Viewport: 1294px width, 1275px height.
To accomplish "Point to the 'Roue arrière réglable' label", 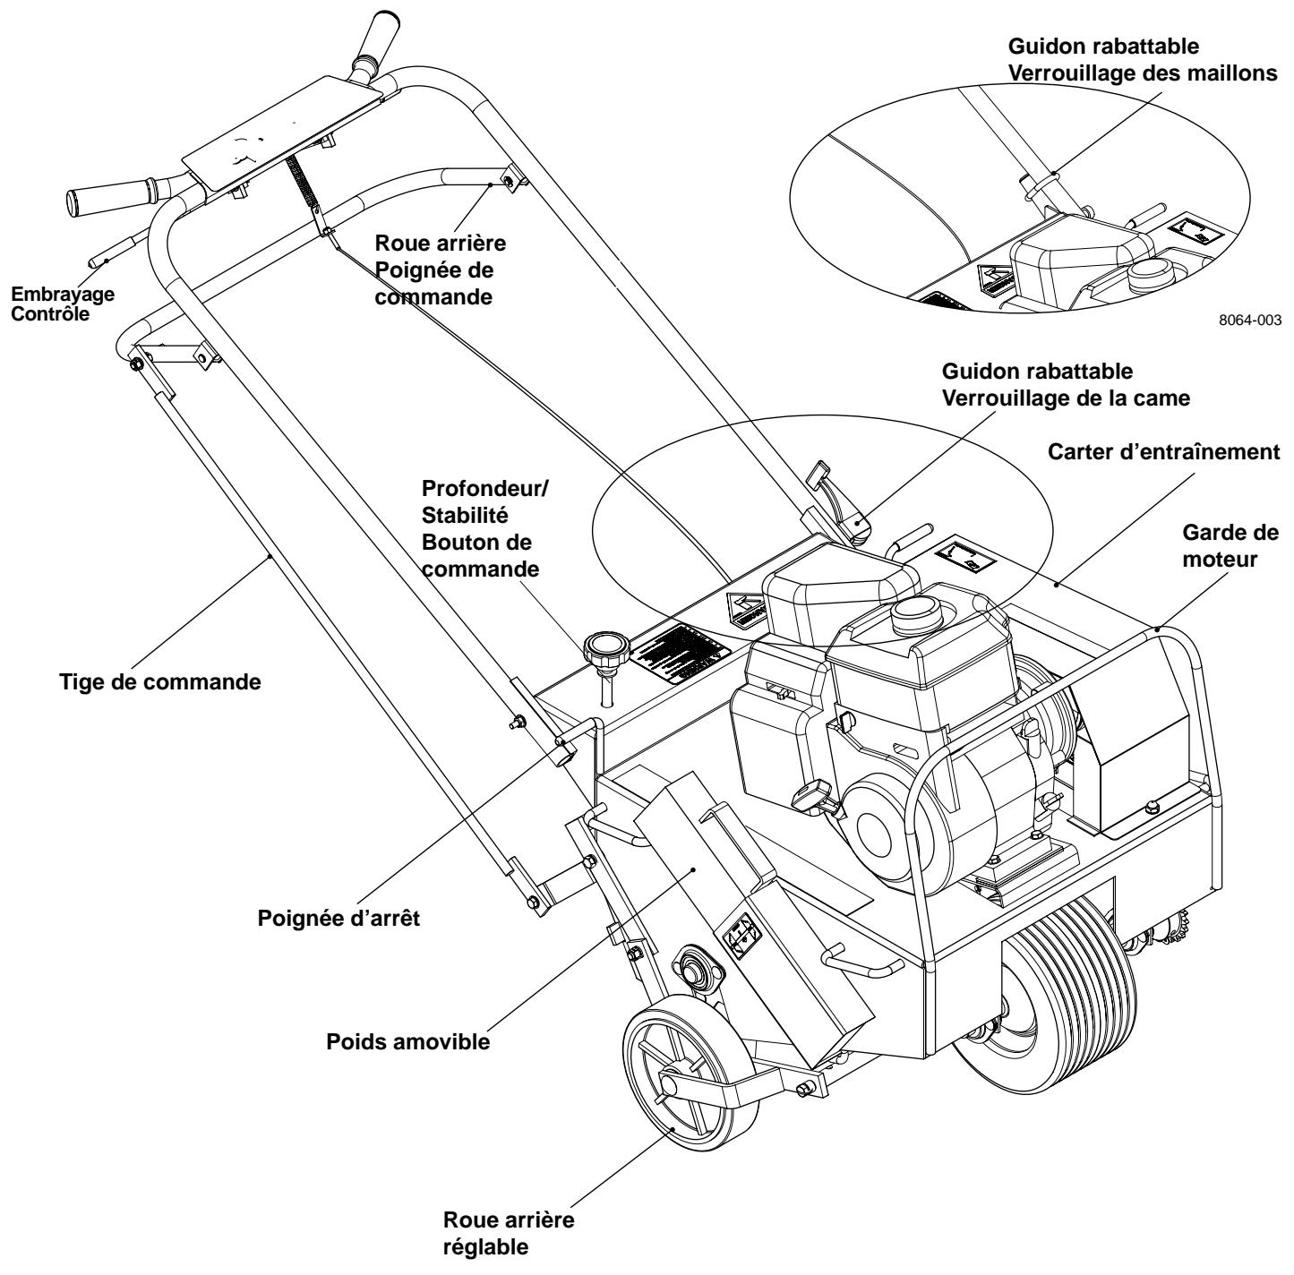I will [509, 1232].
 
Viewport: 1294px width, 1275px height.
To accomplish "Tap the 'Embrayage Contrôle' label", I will [56, 301].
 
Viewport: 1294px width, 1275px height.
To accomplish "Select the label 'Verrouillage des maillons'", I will [1143, 74].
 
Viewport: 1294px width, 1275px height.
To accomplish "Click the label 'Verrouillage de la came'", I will [1066, 398].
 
